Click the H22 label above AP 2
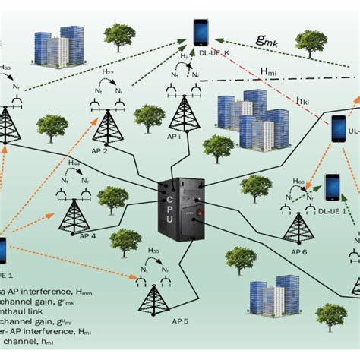coord(109,71)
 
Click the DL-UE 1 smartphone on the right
coord(332,187)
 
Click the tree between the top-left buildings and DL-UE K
coord(120,35)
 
